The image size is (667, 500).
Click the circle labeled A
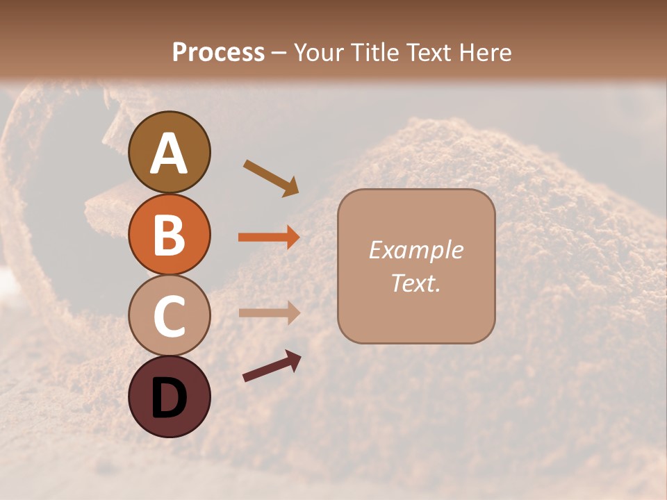pyautogui.click(x=169, y=152)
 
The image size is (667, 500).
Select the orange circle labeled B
pyautogui.click(x=169, y=234)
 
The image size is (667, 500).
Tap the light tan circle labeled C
pyautogui.click(x=169, y=315)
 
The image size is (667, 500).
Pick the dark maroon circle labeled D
pyautogui.click(x=169, y=397)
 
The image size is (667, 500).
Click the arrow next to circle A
pyautogui.click(x=271, y=178)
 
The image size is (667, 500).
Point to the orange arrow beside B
pyautogui.click(x=269, y=237)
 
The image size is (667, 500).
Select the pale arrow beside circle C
pyautogui.click(x=269, y=312)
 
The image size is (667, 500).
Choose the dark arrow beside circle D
pyautogui.click(x=272, y=366)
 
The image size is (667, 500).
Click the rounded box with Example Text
pyautogui.click(x=416, y=266)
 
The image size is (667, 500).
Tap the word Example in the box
pyautogui.click(x=416, y=250)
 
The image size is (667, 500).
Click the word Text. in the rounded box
pyautogui.click(x=416, y=283)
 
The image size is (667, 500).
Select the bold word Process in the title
pyautogui.click(x=218, y=52)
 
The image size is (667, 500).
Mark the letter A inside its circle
pyautogui.click(x=169, y=153)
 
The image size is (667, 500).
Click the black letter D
pyautogui.click(x=169, y=398)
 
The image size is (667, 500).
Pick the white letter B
pyautogui.click(x=169, y=235)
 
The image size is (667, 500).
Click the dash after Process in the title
pyautogui.click(x=279, y=53)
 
